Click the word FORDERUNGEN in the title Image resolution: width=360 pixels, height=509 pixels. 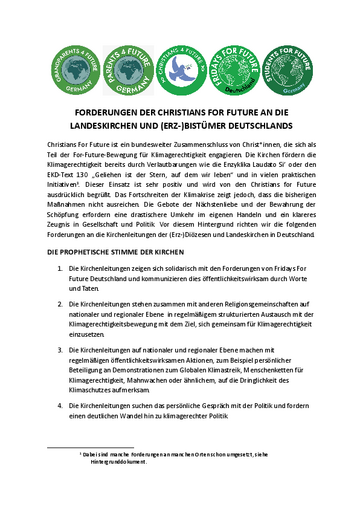[x=110, y=113]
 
